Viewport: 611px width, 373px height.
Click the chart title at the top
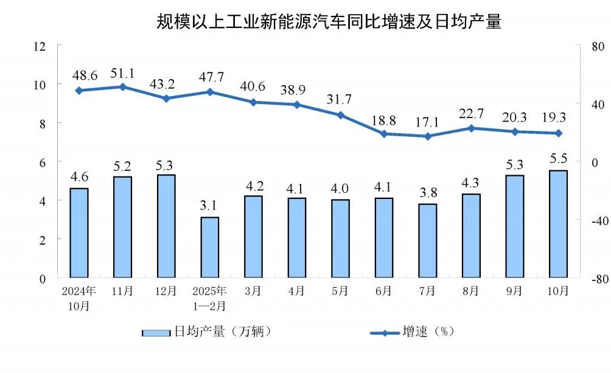pos(329,23)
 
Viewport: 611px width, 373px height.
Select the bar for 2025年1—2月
pos(209,248)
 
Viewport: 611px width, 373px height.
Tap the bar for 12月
pos(166,226)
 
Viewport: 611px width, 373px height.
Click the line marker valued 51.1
pos(122,87)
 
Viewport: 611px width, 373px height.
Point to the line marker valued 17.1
pos(427,136)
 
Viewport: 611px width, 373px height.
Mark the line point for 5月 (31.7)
pos(340,115)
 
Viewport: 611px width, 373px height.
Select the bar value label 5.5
pos(558,159)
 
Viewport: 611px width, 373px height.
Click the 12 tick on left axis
pos(40,46)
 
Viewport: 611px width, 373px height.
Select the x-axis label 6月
pos(383,291)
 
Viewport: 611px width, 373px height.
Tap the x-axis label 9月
pos(514,291)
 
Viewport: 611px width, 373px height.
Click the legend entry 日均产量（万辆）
pos(207,332)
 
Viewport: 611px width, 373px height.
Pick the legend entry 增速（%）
pos(414,332)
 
